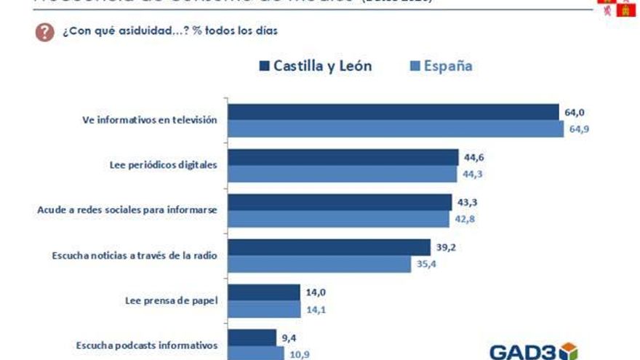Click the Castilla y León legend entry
pyautogui.click(x=315, y=66)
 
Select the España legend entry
pyautogui.click(x=439, y=66)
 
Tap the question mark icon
pyautogui.click(x=44, y=33)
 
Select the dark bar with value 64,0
pyautogui.click(x=392, y=112)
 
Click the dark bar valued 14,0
pyautogui.click(x=264, y=292)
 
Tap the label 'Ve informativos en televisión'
pyautogui.click(x=149, y=120)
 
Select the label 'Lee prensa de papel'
pyautogui.click(x=170, y=300)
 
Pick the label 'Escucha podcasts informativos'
pyautogui.click(x=146, y=345)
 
